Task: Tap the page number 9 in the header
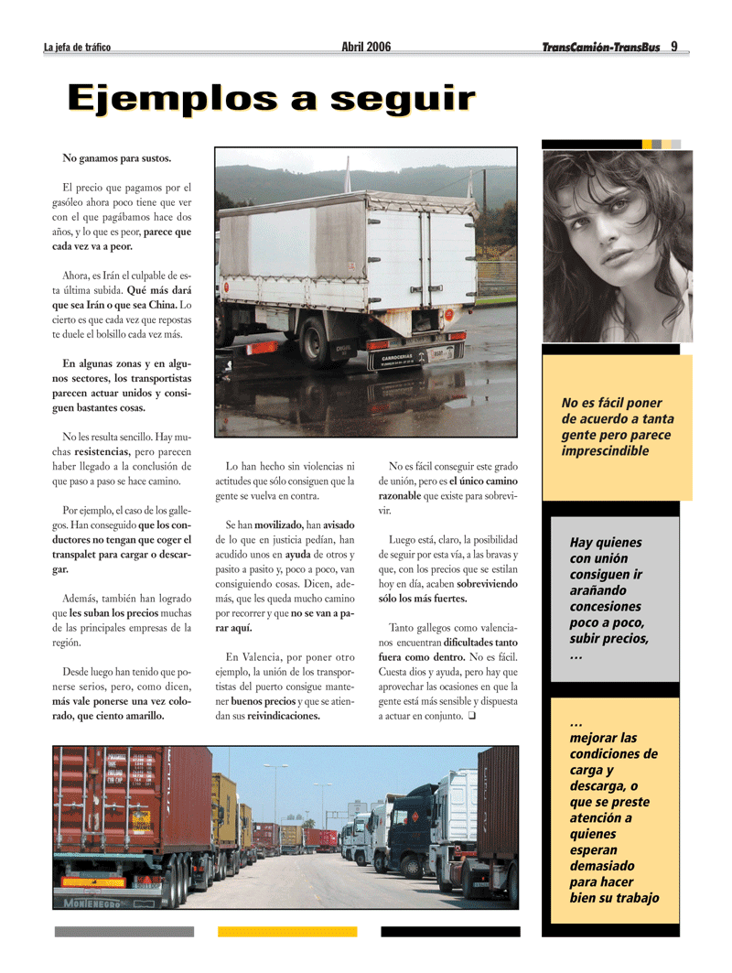click(674, 47)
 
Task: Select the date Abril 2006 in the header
click(366, 47)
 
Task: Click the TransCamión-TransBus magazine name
click(600, 48)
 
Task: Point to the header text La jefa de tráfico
click(77, 48)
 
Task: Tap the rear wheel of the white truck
click(316, 341)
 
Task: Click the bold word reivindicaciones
click(284, 716)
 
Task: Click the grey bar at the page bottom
click(124, 932)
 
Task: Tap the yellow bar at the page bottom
click(286, 932)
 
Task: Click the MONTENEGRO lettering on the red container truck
click(92, 903)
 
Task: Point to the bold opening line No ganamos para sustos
click(116, 158)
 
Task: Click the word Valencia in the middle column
click(267, 657)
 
